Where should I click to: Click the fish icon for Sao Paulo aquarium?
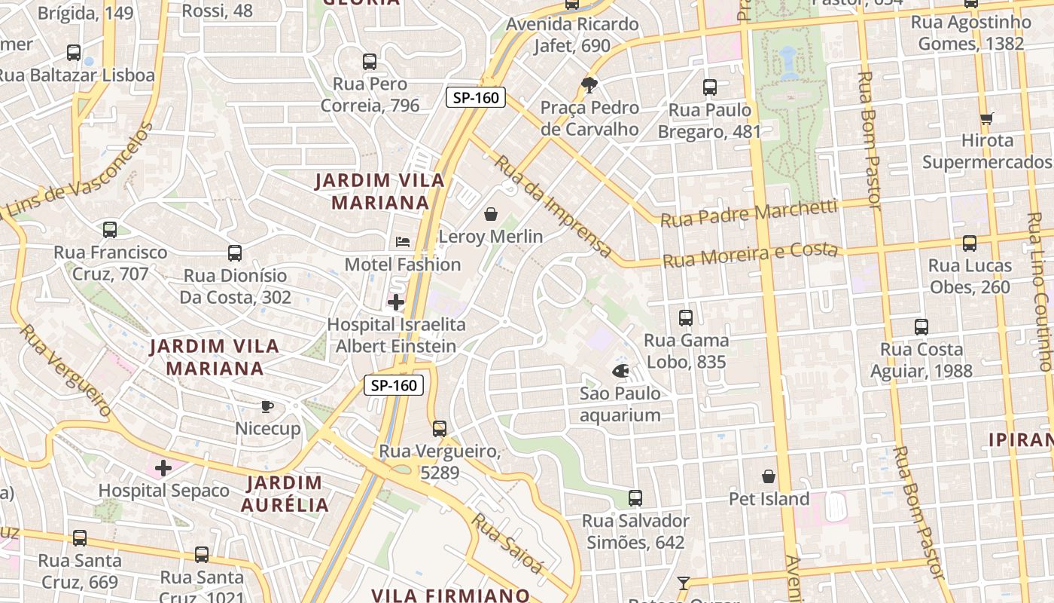click(620, 371)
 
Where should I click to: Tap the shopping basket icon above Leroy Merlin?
click(491, 214)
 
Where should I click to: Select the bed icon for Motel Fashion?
click(403, 242)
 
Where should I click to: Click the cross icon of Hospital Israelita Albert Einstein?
click(396, 302)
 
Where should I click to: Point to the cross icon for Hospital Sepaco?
click(163, 468)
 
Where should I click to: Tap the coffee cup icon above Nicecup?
click(267, 406)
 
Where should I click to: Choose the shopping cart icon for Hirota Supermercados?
click(987, 118)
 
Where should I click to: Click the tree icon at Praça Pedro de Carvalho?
click(589, 84)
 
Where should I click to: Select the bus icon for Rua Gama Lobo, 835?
click(685, 318)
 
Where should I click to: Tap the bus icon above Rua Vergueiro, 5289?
click(440, 429)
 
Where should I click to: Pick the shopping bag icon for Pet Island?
click(769, 476)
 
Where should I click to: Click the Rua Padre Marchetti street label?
click(748, 213)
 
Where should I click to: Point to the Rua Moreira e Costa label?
click(750, 255)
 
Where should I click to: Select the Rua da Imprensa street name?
click(553, 205)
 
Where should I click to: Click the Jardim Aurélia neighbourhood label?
click(285, 494)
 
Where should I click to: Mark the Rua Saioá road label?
click(507, 543)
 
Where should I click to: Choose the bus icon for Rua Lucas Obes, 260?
click(970, 243)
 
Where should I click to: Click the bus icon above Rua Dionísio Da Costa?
click(235, 253)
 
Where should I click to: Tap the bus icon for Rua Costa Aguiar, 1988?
click(921, 327)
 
